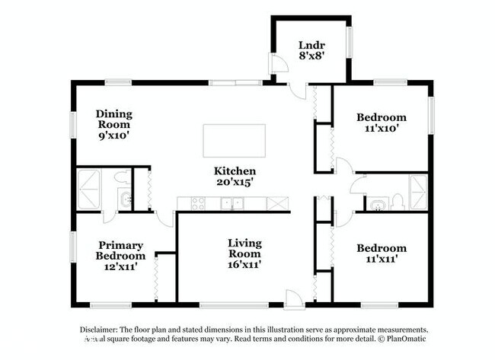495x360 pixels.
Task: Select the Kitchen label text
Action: pyautogui.click(x=234, y=177)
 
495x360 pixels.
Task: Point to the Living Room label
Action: pyautogui.click(x=244, y=253)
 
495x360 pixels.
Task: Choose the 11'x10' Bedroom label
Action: pyautogui.click(x=382, y=123)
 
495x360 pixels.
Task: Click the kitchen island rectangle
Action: pyautogui.click(x=234, y=141)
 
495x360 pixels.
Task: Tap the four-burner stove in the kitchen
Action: pyautogui.click(x=196, y=203)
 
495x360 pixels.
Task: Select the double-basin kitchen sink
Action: pyautogui.click(x=232, y=203)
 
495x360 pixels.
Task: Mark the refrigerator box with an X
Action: pyautogui.click(x=277, y=203)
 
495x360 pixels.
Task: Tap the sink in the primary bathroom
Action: pyautogui.click(x=123, y=201)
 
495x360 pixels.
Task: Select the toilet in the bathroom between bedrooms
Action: pyautogui.click(x=397, y=202)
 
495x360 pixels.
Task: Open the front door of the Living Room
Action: pyautogui.click(x=293, y=297)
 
